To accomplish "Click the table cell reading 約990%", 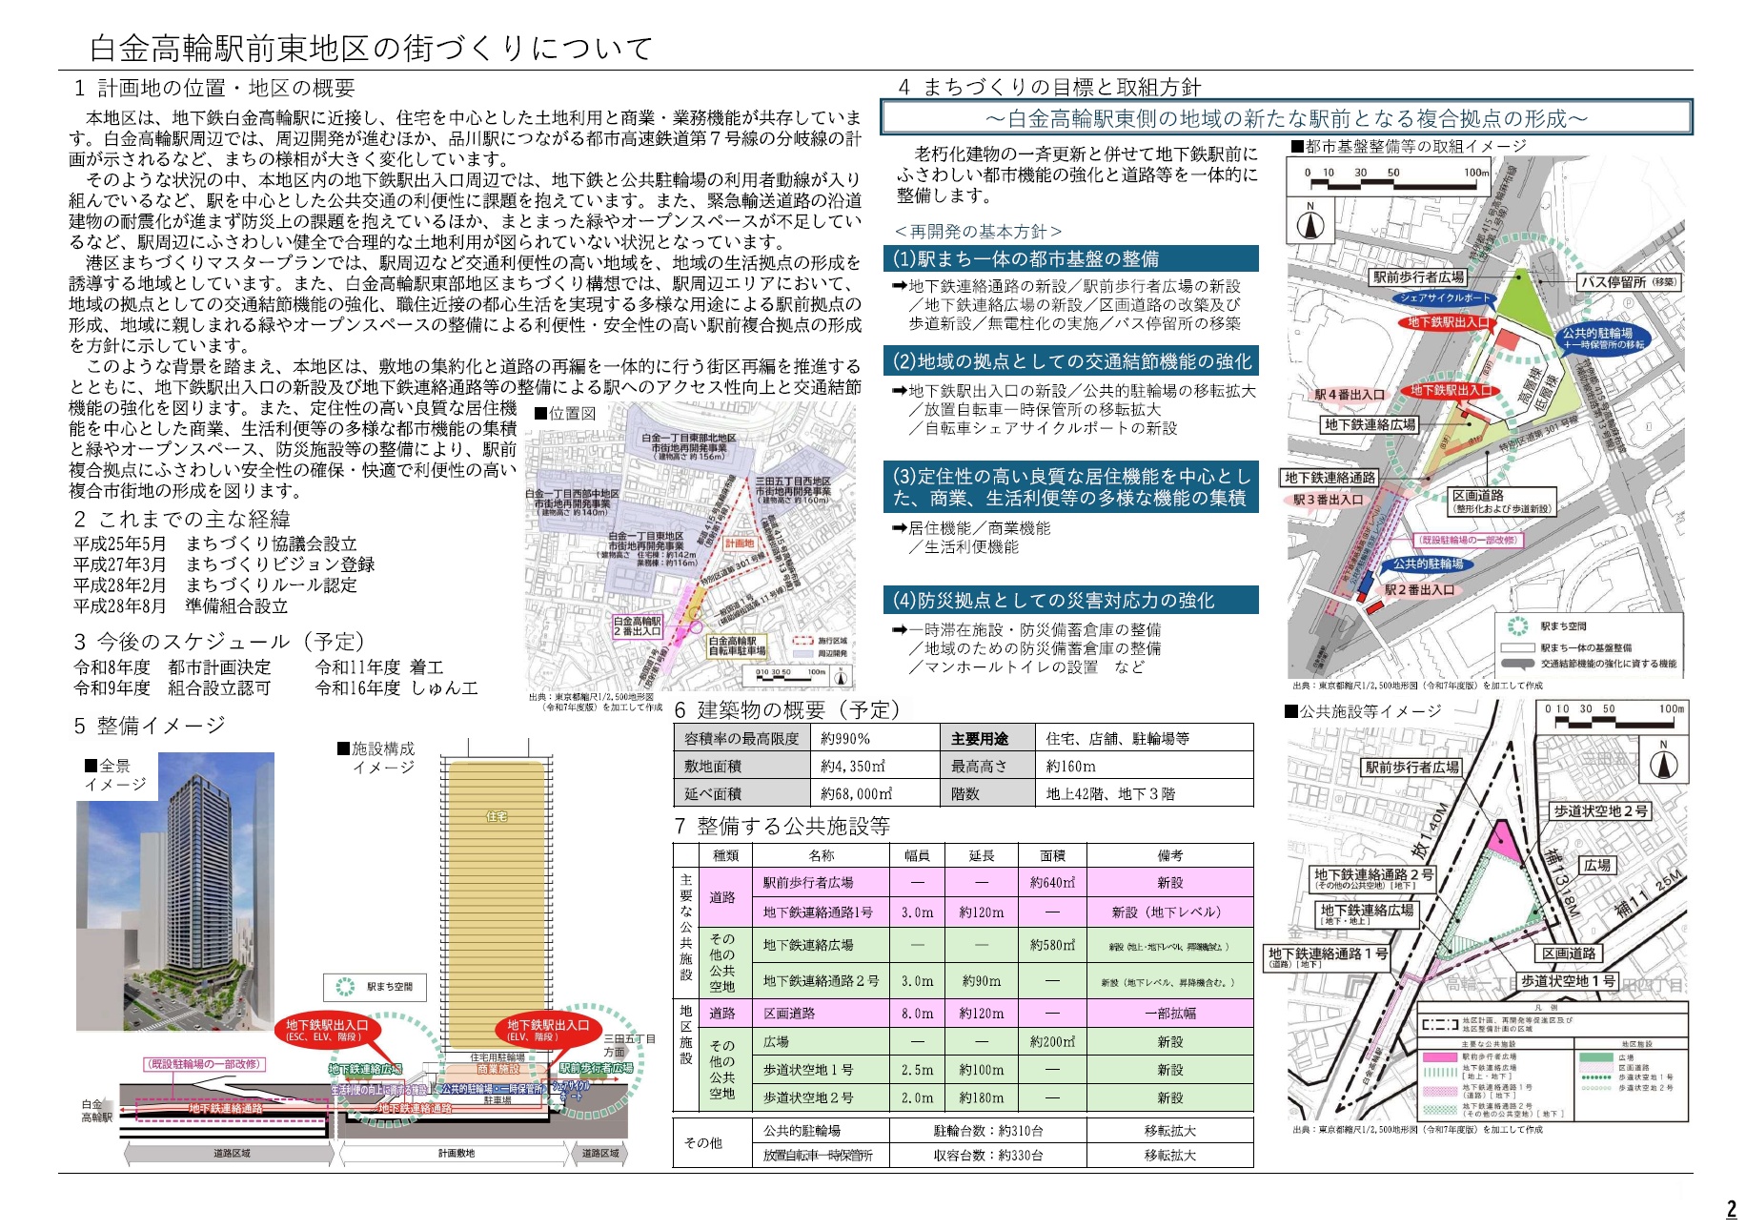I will point(845,739).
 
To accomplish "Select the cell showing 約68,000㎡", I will point(856,793).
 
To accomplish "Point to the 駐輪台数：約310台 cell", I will point(987,1131).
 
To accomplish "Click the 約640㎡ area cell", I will point(1052,883).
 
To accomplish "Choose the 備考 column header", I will point(1169,856).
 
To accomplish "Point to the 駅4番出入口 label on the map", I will point(1350,395).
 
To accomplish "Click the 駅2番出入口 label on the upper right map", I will point(1420,590).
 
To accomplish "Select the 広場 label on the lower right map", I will point(1597,865).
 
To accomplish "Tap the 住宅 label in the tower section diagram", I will point(497,816).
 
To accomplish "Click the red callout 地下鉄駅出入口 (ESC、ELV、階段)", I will point(327,1030).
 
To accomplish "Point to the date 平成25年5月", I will point(120,543).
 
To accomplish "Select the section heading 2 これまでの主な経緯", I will point(182,520).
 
